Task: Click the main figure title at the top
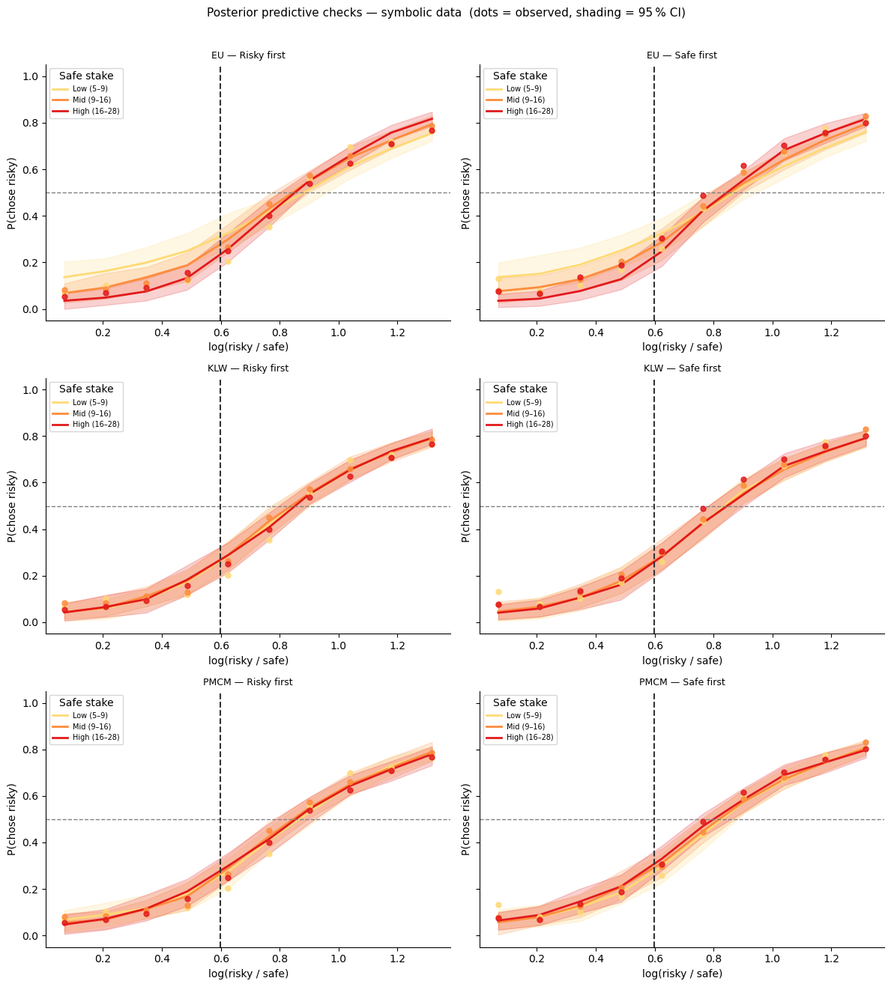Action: tap(445, 13)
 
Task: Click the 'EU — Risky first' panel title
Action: tap(247, 55)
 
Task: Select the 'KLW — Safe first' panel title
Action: tap(681, 368)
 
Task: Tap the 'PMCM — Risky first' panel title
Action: tap(247, 682)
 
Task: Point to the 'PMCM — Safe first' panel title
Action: tap(681, 682)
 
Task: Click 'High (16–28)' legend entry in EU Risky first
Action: tap(96, 111)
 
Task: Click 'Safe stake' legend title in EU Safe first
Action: tap(520, 76)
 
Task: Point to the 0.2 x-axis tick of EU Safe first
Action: tap(537, 332)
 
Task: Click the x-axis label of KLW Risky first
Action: tap(248, 660)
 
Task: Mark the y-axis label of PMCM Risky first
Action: tap(12, 819)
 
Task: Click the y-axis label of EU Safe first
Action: tap(465, 193)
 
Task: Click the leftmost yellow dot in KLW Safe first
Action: tap(498, 592)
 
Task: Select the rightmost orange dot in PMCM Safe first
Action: tap(866, 743)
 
